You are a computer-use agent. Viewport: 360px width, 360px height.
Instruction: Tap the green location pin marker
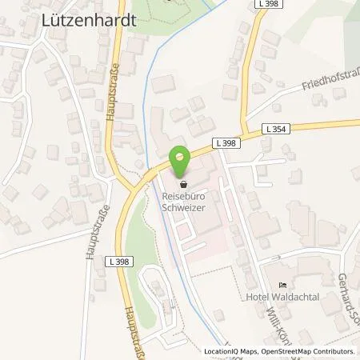click(180, 163)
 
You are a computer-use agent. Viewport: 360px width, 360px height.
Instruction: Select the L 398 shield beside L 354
click(225, 142)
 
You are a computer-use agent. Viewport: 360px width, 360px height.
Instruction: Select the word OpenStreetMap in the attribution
click(277, 352)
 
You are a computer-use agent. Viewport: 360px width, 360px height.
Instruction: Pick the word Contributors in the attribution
click(332, 352)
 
